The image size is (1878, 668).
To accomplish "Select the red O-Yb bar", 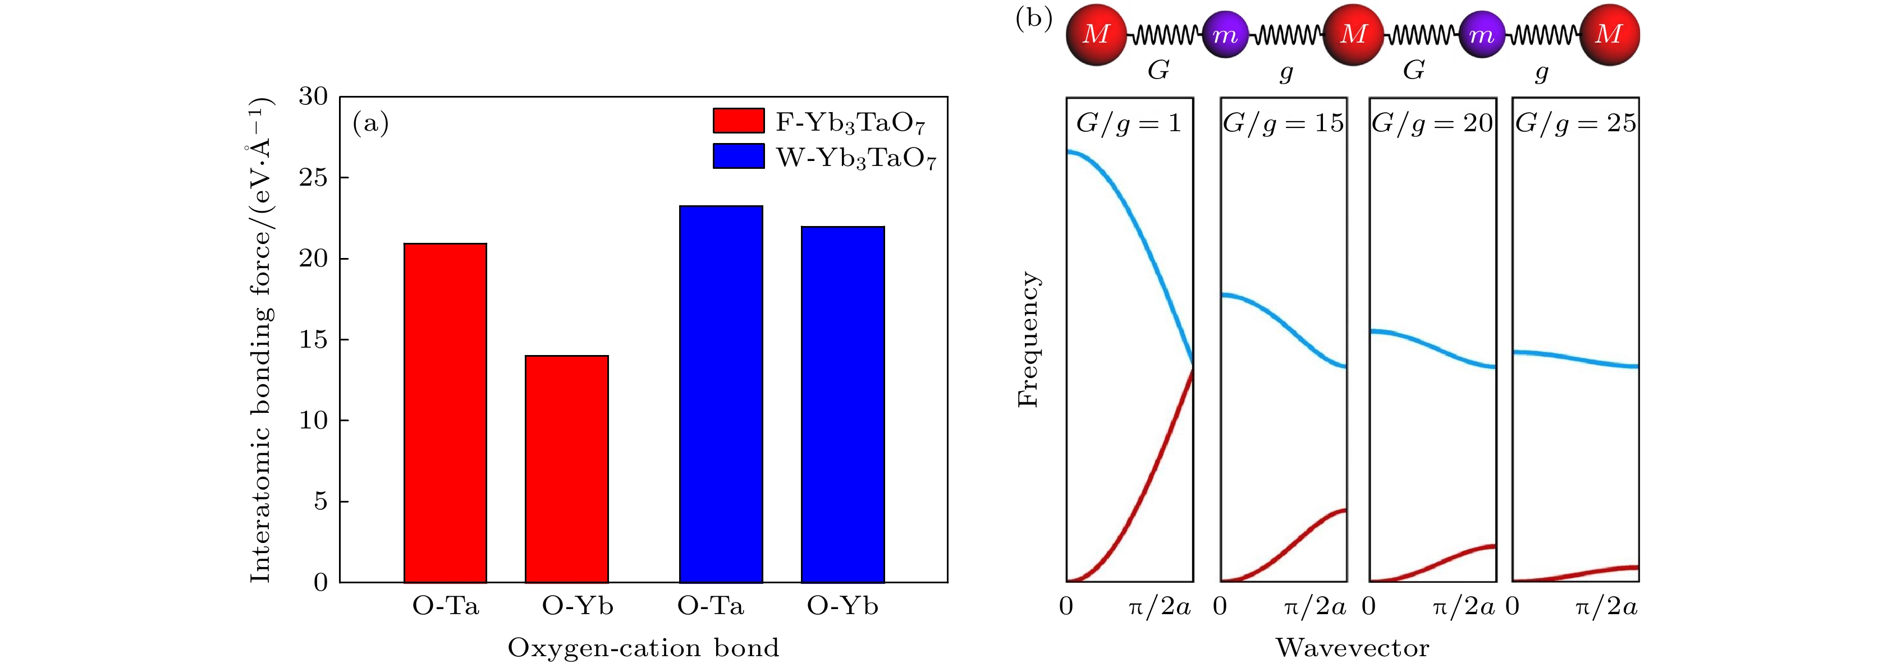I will pyautogui.click(x=566, y=469).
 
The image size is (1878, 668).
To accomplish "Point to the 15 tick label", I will pyautogui.click(x=314, y=339).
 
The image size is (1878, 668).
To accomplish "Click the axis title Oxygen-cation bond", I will pyautogui.click(x=643, y=648).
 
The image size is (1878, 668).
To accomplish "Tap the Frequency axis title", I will pyautogui.click(x=1028, y=339).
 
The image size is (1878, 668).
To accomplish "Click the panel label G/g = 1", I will pyautogui.click(x=1129, y=123).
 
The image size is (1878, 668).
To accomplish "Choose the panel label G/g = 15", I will pyautogui.click(x=1283, y=123).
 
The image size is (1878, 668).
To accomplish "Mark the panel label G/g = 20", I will pyautogui.click(x=1432, y=123).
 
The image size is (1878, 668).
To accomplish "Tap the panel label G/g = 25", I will pyautogui.click(x=1575, y=123).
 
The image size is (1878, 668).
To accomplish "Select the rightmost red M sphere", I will pyautogui.click(x=1609, y=34).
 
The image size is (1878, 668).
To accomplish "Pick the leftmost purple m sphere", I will pyautogui.click(x=1225, y=35).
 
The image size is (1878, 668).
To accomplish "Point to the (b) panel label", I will pyautogui.click(x=1034, y=17).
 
